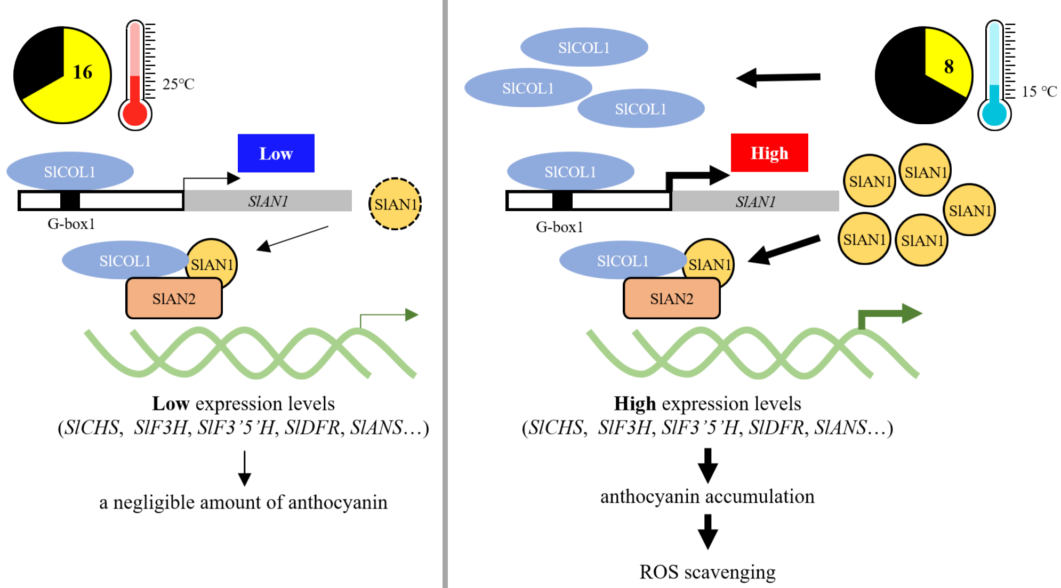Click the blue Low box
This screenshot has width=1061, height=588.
[x=276, y=154]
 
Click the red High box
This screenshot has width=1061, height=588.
[x=769, y=153]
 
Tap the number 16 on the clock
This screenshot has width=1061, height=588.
[x=83, y=72]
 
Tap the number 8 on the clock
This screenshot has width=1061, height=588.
[x=949, y=67]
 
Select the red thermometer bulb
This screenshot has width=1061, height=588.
[x=135, y=114]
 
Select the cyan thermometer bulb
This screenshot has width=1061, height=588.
[x=994, y=114]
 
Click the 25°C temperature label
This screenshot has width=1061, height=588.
[x=178, y=84]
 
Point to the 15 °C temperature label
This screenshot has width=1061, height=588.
[x=1039, y=92]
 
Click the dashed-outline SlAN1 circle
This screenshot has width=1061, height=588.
[x=395, y=204]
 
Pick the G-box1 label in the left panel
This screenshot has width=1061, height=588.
[x=71, y=224]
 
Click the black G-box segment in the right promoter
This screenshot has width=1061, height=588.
[x=562, y=201]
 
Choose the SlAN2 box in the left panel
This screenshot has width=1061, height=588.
[x=174, y=299]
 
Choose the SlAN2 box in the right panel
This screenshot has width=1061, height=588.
[x=671, y=299]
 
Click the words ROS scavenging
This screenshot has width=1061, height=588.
[x=707, y=572]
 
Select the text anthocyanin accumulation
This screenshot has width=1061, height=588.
[x=707, y=496]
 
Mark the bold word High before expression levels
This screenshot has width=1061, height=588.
[x=634, y=404]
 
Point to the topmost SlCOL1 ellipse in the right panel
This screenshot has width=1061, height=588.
[x=584, y=47]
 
